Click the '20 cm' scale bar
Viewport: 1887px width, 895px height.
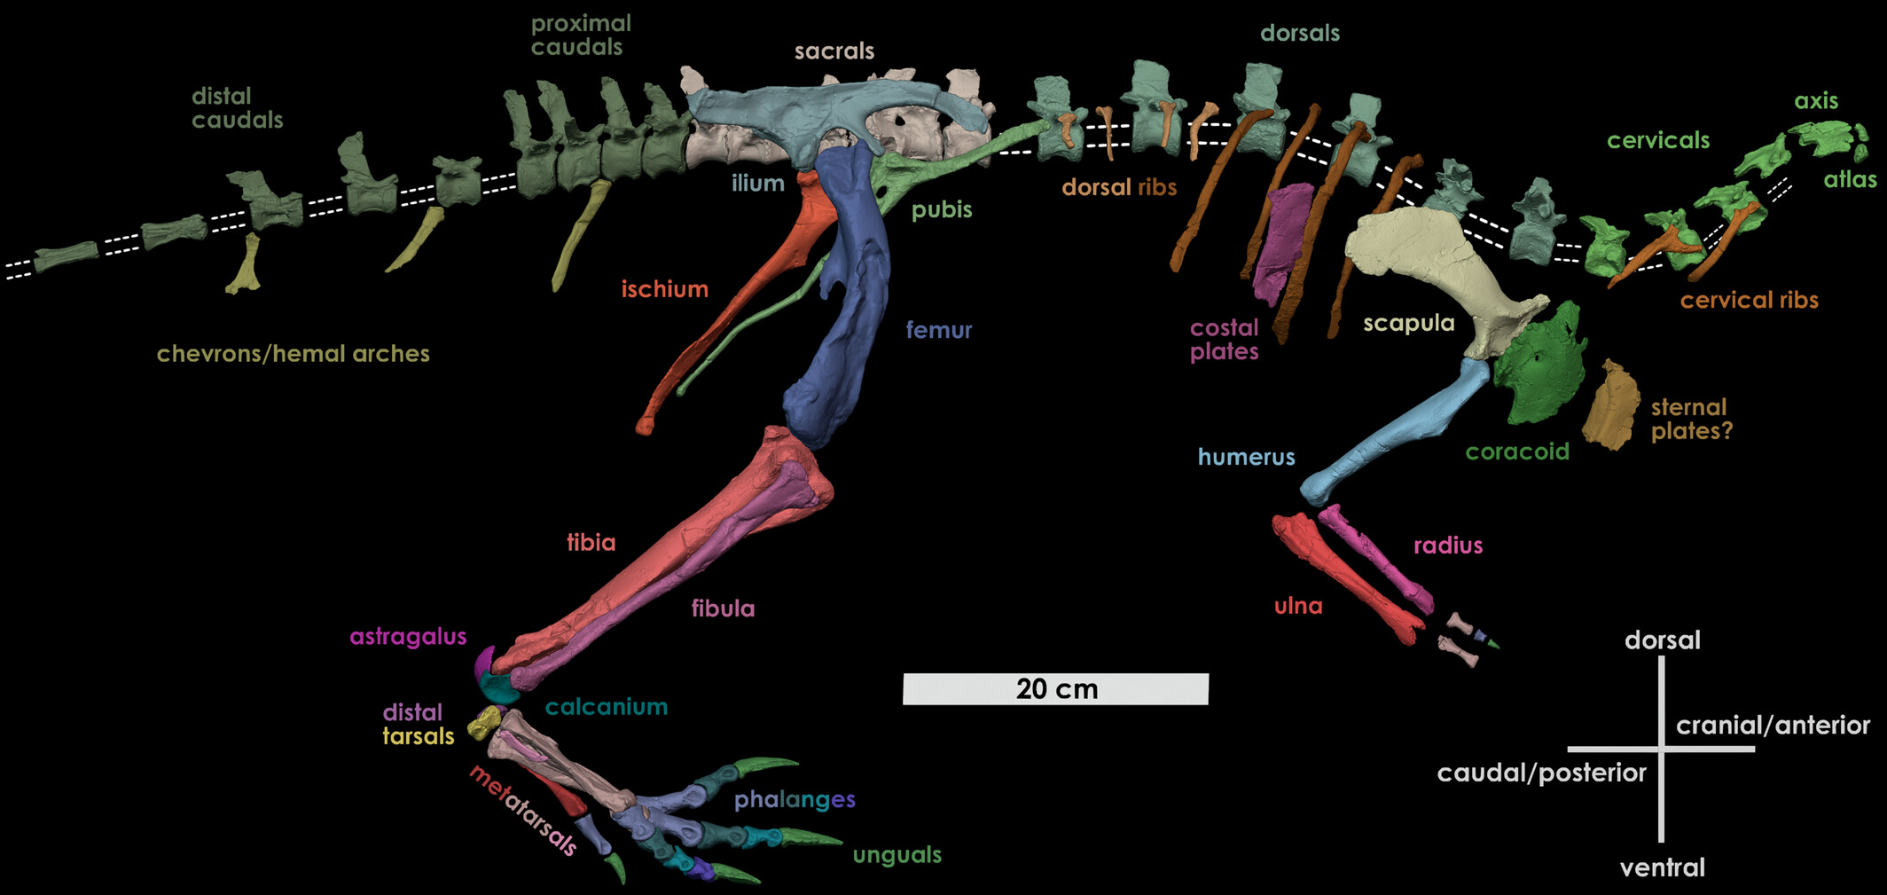coord(1055,688)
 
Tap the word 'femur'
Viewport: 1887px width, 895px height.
coord(938,330)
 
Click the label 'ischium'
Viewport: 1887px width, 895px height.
coord(664,289)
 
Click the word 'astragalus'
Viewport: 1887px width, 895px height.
coord(408,637)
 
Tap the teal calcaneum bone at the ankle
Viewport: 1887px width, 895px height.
coord(497,687)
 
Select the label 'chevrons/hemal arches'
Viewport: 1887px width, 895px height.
coord(293,354)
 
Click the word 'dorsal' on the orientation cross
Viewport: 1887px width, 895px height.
coord(1662,640)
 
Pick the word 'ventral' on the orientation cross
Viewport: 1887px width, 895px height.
coord(1662,868)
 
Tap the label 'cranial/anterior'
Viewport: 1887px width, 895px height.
coord(1772,726)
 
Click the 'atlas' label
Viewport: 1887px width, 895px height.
coord(1850,180)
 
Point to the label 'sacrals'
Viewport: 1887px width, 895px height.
coord(834,51)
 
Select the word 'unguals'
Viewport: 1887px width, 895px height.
coord(897,855)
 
